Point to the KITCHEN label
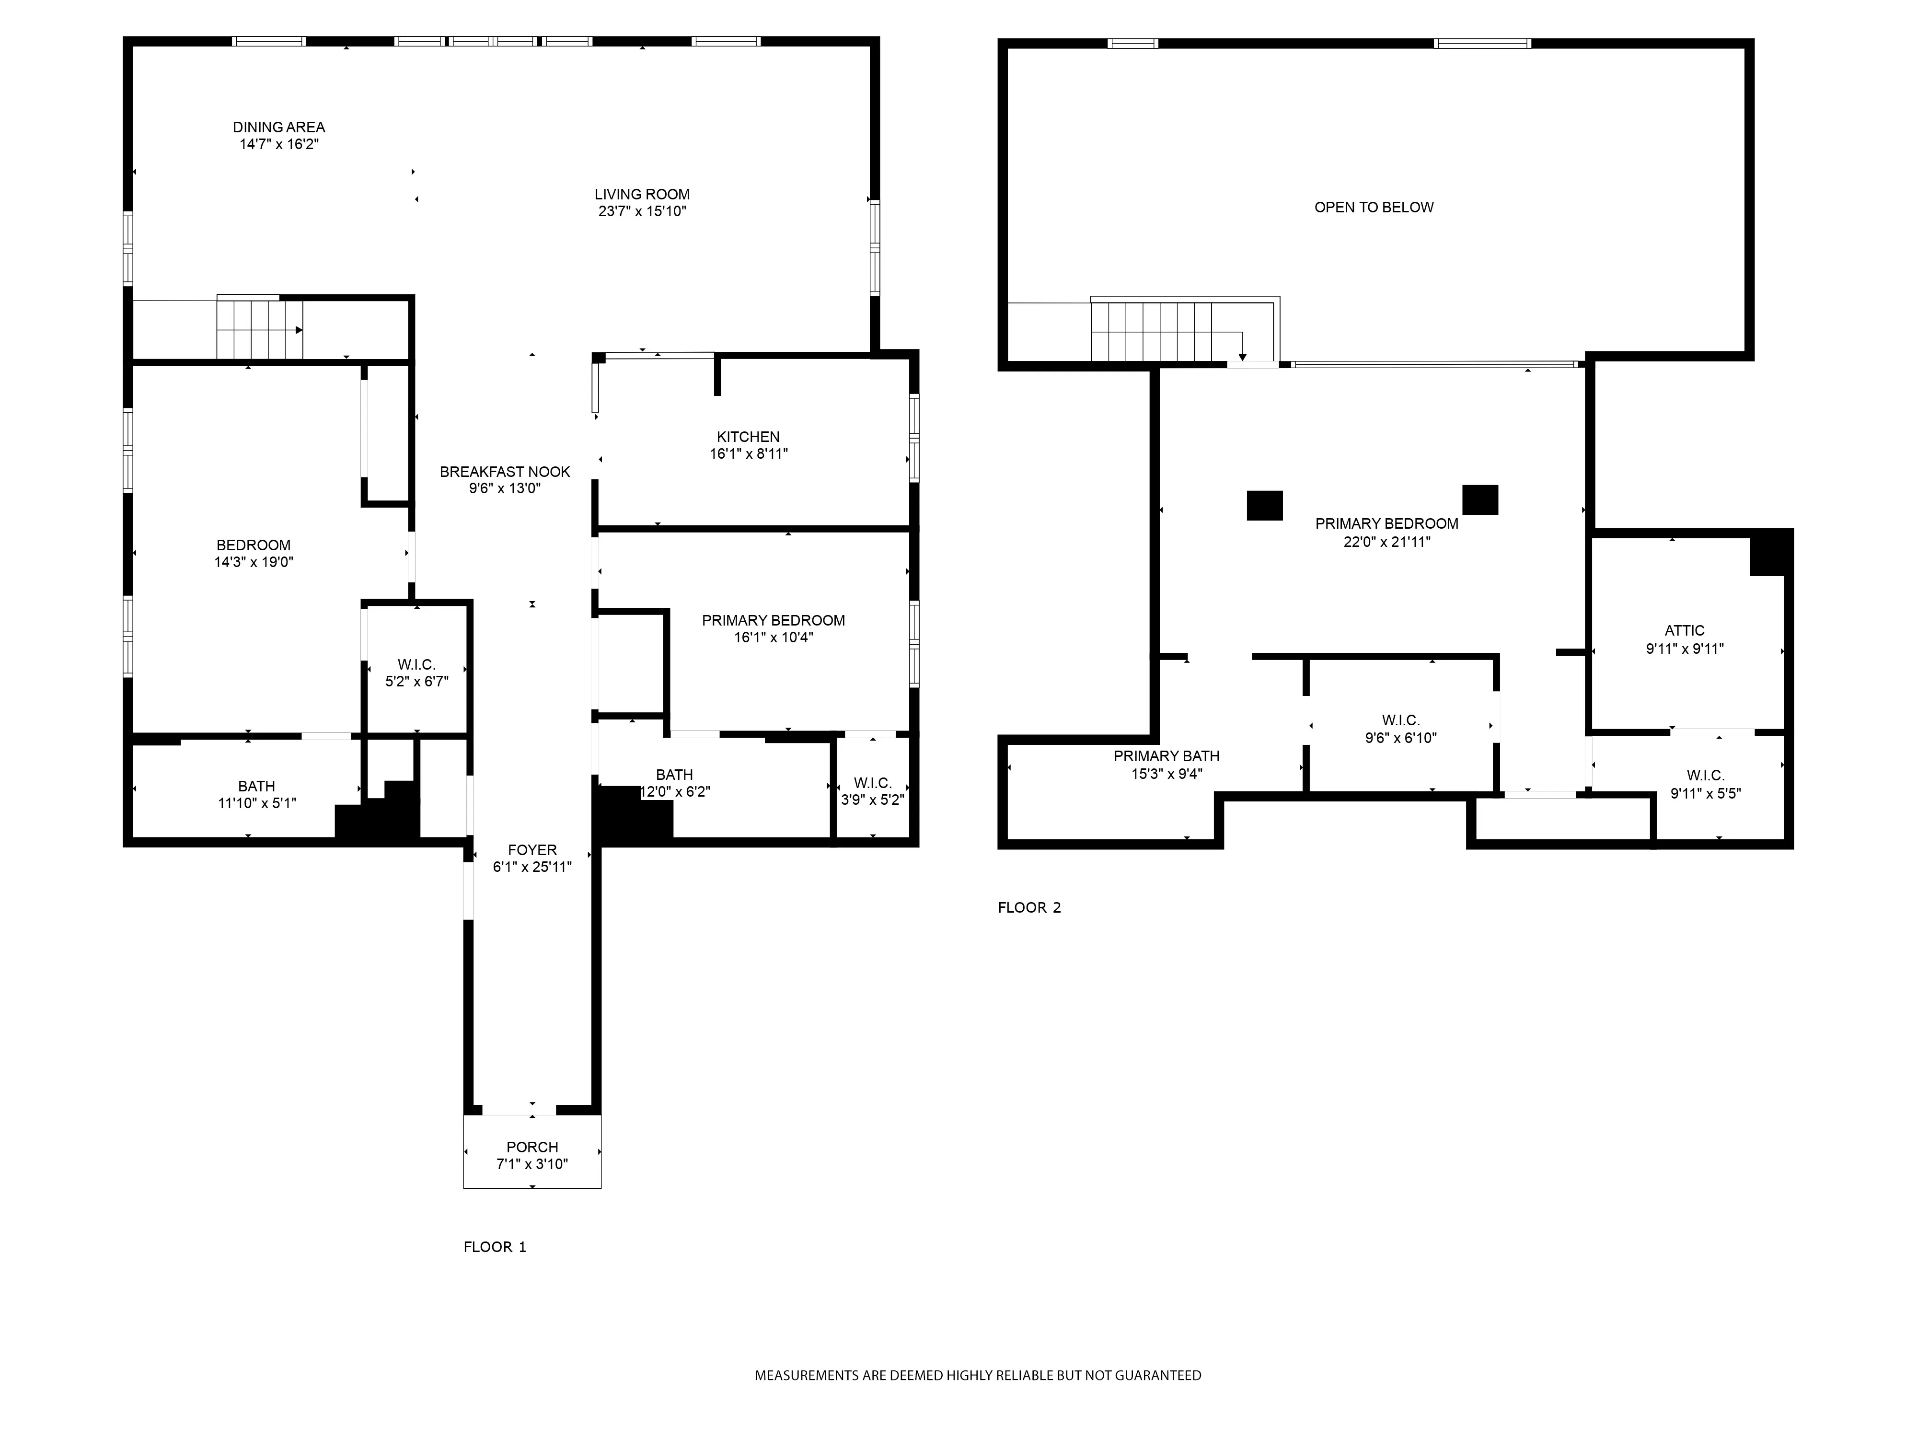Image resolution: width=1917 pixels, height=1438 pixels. (748, 437)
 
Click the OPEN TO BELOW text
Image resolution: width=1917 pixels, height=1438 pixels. (1374, 207)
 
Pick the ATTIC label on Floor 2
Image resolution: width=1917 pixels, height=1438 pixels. (1684, 631)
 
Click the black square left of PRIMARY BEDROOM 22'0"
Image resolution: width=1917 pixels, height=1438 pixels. (1264, 505)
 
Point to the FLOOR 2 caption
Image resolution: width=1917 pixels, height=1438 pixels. (1028, 907)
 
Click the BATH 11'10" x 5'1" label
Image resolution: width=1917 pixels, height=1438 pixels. (256, 786)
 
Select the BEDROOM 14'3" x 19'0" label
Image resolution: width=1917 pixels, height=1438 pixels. (253, 545)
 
